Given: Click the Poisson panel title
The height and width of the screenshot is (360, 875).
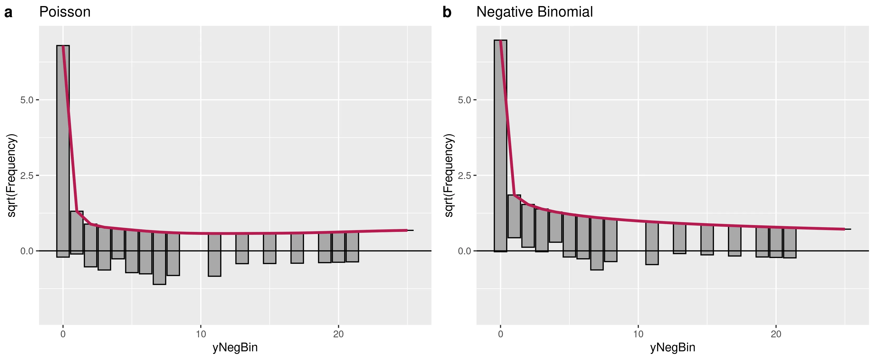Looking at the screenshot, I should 65,12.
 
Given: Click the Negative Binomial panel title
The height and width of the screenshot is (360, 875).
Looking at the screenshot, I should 534,12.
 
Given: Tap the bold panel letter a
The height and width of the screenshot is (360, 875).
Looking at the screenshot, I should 8,13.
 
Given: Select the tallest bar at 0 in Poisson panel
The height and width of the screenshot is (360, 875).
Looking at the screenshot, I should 63,151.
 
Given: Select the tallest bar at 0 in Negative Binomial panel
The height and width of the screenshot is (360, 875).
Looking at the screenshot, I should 500,146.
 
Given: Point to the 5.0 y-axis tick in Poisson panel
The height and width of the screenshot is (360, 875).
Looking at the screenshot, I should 27,100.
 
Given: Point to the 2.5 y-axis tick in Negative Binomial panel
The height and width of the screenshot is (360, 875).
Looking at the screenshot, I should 464,176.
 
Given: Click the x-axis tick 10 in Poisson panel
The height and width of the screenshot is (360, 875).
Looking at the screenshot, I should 201,334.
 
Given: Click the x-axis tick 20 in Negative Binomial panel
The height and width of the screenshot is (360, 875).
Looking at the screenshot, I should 776,334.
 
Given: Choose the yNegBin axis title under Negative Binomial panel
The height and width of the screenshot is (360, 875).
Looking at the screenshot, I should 673,347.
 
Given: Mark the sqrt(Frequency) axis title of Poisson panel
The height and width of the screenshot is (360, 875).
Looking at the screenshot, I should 12,175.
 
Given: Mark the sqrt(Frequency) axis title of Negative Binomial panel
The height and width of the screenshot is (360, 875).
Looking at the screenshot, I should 449,175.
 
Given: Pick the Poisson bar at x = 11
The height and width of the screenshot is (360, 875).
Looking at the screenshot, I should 215,255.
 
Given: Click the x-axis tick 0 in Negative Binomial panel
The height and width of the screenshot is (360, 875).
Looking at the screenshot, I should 500,334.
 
